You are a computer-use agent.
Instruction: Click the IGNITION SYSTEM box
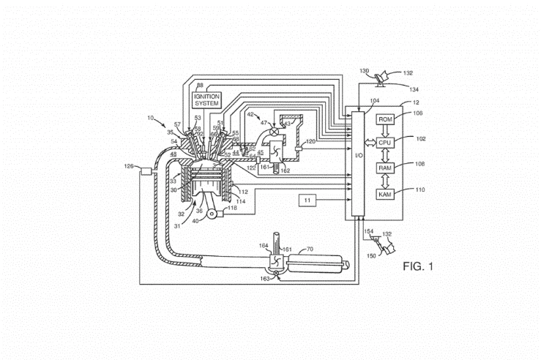206,100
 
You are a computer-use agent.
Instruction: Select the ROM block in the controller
385,119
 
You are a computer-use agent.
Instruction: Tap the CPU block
385,142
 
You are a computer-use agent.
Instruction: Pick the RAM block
385,168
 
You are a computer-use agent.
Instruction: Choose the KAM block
385,194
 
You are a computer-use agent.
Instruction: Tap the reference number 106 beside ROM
417,113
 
